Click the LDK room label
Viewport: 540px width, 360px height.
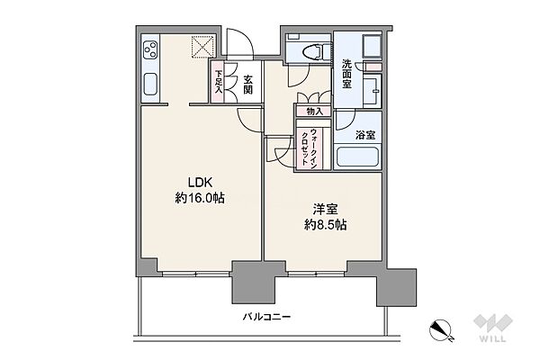click(x=200, y=183)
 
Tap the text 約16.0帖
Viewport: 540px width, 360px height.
click(x=200, y=198)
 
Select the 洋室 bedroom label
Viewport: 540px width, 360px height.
click(x=325, y=210)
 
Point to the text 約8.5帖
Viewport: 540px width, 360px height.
click(x=325, y=225)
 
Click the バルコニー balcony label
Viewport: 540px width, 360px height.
click(x=267, y=317)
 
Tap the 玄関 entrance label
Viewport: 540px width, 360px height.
click(x=247, y=85)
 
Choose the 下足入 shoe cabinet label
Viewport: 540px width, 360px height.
click(x=219, y=82)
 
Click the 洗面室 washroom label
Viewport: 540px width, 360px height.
click(x=346, y=74)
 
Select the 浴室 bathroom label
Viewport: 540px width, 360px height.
click(x=365, y=135)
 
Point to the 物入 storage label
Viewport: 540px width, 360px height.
click(x=314, y=112)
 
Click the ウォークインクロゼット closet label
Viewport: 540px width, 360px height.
click(x=309, y=147)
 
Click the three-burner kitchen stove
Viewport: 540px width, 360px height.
click(x=150, y=49)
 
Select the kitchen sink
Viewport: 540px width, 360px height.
click(x=150, y=84)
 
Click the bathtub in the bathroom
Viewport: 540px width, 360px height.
click(x=358, y=157)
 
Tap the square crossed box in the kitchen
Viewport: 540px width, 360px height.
click(x=202, y=46)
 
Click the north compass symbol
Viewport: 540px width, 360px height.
click(x=441, y=329)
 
